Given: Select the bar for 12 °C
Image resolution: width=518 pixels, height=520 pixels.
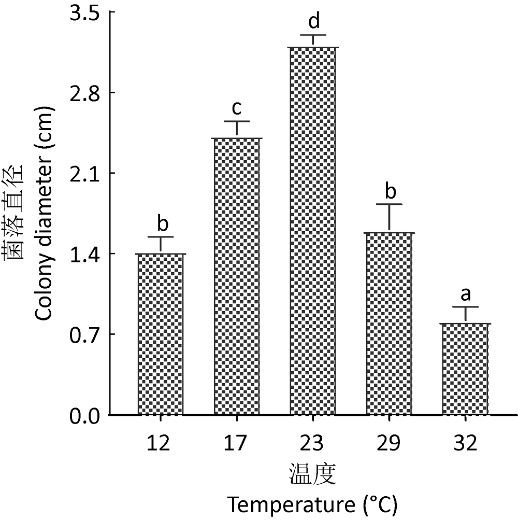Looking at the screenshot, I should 162,334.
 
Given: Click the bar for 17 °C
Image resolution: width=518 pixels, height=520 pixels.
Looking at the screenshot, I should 237,276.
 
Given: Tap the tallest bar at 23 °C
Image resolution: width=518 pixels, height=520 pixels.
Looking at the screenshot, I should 313,231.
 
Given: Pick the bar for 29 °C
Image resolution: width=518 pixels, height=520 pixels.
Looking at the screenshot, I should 390,324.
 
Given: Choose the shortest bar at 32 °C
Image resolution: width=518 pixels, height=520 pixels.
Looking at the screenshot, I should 465,369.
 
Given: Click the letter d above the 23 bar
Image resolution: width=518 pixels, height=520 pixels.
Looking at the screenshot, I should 313,22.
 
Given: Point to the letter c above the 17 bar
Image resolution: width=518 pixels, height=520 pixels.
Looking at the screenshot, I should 237,108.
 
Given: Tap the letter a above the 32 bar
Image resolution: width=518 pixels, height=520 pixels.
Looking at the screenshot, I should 465,294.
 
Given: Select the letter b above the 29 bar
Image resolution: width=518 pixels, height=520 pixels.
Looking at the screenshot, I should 390,191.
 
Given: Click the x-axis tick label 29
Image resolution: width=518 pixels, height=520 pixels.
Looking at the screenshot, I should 390,443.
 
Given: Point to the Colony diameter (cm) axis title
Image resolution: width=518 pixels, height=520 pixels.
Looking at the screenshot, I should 43,213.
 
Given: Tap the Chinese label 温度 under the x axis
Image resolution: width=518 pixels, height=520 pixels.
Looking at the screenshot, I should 313,473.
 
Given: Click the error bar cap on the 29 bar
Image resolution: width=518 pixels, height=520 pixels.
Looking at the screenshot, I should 390,204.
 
